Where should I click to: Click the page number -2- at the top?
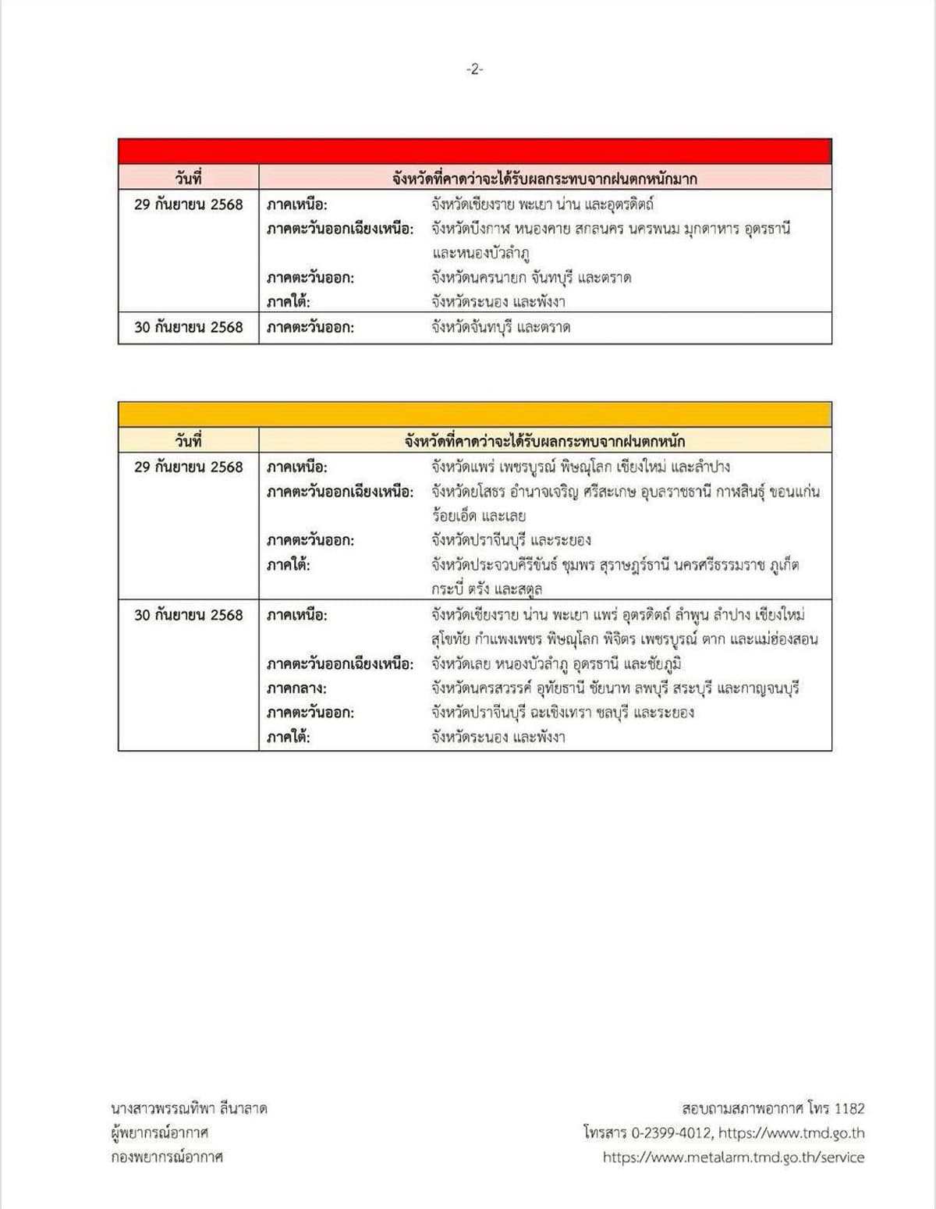click(474, 69)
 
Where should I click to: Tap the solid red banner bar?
click(474, 151)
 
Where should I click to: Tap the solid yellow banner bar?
click(474, 414)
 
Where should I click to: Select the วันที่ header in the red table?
click(188, 178)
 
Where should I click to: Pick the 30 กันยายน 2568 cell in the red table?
click(188, 327)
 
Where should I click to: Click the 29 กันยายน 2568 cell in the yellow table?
click(188, 467)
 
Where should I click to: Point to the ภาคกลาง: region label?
click(296, 688)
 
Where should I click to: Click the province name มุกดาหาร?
click(693, 229)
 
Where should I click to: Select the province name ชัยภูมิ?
click(662, 664)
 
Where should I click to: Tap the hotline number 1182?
click(849, 1108)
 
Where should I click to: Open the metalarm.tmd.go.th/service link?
click(733, 1157)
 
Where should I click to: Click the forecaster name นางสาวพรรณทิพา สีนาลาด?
click(189, 1108)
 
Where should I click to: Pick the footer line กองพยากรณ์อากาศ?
click(166, 1157)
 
